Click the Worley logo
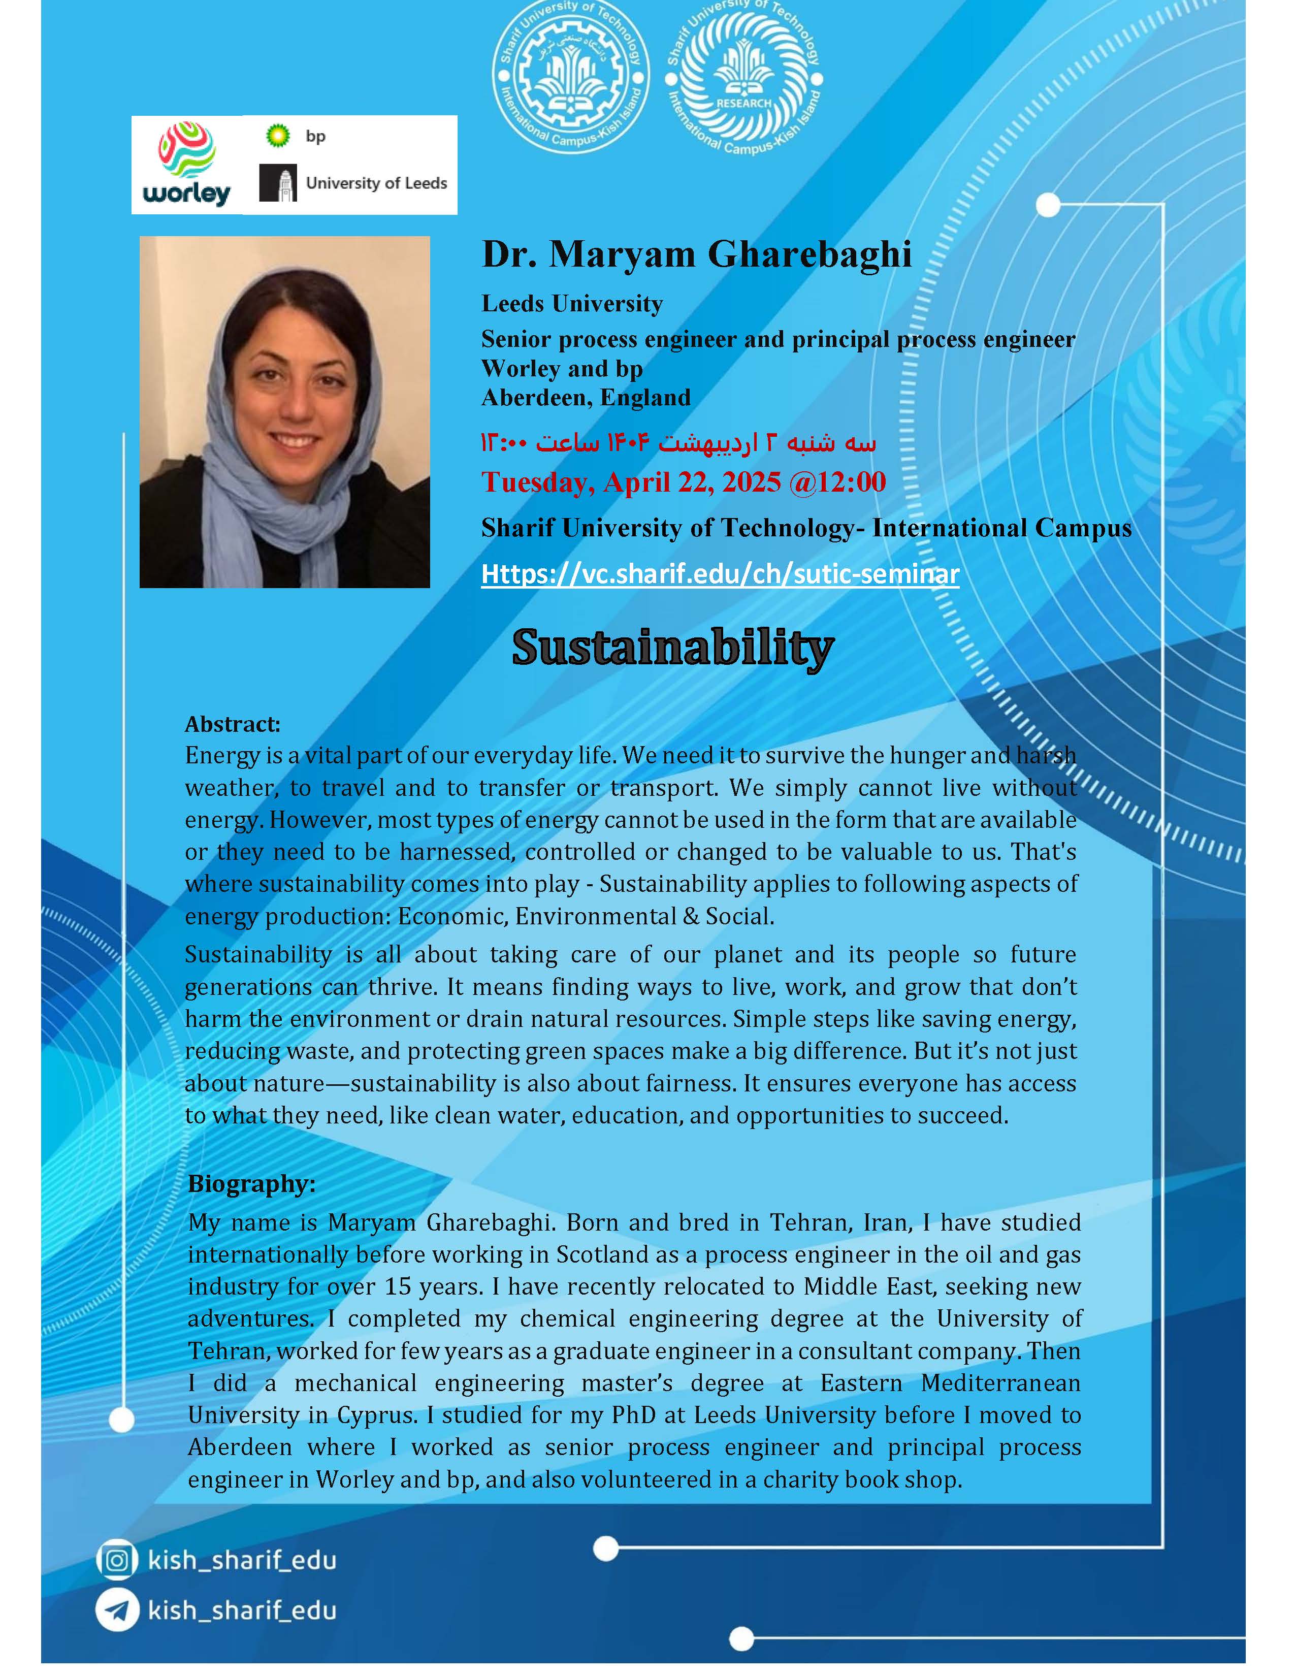186,165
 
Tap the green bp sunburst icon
278,136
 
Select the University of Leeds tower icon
278,183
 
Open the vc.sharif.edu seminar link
720,574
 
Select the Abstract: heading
233,724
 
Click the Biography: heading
251,1183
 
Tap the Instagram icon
117,1560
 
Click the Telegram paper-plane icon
117,1609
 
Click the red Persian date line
678,443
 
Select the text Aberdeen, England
586,398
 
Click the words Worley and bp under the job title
562,368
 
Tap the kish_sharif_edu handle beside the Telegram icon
242,1609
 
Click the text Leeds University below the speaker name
571,304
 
